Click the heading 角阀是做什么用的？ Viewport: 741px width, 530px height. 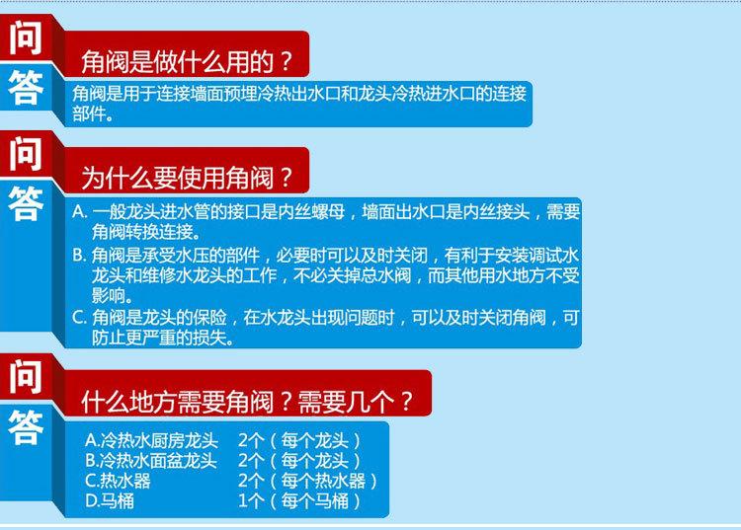tap(188, 62)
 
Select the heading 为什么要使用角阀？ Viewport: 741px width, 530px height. tap(188, 178)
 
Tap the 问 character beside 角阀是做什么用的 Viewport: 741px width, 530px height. tap(26, 38)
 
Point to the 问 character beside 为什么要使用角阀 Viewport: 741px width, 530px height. tap(26, 154)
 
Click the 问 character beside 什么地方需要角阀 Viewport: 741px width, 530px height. tap(26, 377)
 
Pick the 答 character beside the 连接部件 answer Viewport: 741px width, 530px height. tap(26, 87)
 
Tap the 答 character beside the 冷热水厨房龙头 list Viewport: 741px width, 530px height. tap(26, 427)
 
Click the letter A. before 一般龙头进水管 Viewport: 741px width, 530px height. tap(80, 211)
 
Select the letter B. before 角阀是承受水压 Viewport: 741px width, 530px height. tap(80, 256)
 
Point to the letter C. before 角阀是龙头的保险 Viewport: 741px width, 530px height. tap(80, 317)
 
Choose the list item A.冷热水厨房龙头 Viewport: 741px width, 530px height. tap(152, 441)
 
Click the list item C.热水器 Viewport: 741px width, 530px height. tap(119, 481)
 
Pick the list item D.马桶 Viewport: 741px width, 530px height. tap(110, 500)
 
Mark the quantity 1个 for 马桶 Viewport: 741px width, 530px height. tap(251, 500)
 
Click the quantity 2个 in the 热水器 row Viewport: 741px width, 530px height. tap(251, 481)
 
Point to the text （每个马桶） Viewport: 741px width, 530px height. tap(315, 500)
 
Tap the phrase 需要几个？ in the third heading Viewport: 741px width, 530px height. tap(356, 402)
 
